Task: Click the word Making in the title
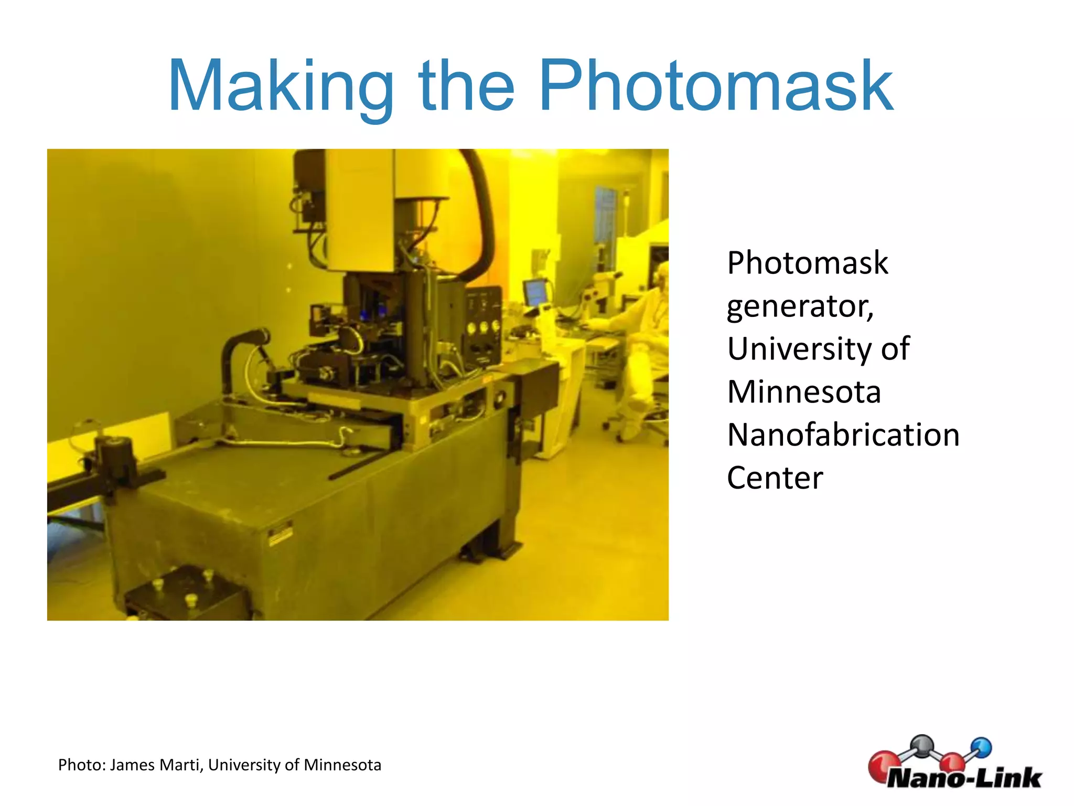tap(281, 87)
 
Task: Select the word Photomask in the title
tap(716, 87)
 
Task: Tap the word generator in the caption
tap(800, 306)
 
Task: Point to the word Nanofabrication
tap(843, 435)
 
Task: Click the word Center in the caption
tap(775, 478)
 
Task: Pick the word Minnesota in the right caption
tap(804, 392)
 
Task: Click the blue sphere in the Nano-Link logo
tap(981, 747)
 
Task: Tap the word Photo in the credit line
tap(82, 765)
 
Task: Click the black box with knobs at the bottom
tap(186, 593)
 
